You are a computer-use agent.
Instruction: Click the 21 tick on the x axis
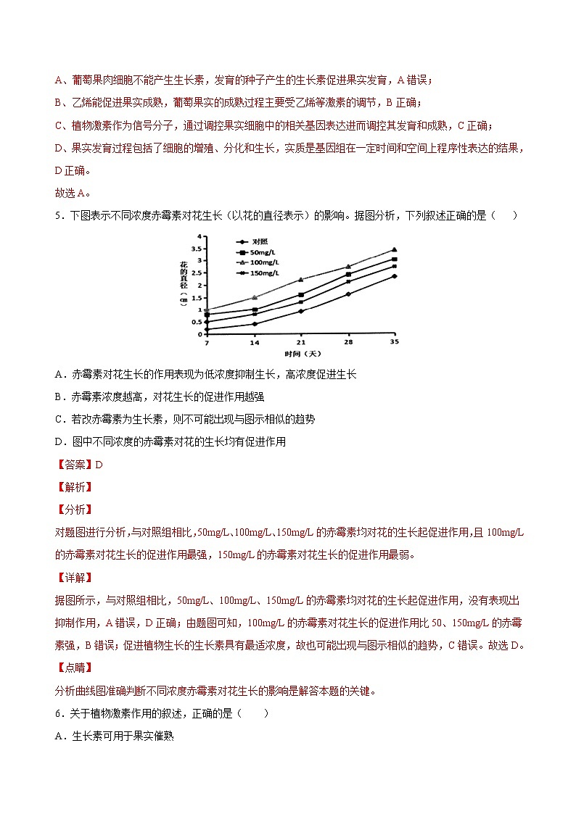[300, 341]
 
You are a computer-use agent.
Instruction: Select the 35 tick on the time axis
[394, 341]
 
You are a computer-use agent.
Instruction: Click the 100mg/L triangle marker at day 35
[394, 249]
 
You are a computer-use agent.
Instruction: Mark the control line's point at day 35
[394, 276]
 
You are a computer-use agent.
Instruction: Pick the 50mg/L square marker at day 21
[300, 295]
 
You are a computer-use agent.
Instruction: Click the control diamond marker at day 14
[254, 324]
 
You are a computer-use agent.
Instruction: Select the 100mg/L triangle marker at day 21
[300, 279]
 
